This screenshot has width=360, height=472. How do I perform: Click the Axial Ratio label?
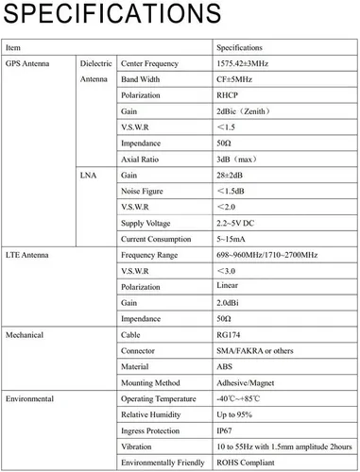[141, 160]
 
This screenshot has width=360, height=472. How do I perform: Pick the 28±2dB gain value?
[231, 176]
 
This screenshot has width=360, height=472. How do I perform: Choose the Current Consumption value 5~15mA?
[231, 239]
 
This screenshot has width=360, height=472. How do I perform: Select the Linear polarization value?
[228, 285]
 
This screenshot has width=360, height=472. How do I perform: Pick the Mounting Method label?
[151, 382]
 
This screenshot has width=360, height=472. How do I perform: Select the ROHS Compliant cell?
[247, 463]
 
